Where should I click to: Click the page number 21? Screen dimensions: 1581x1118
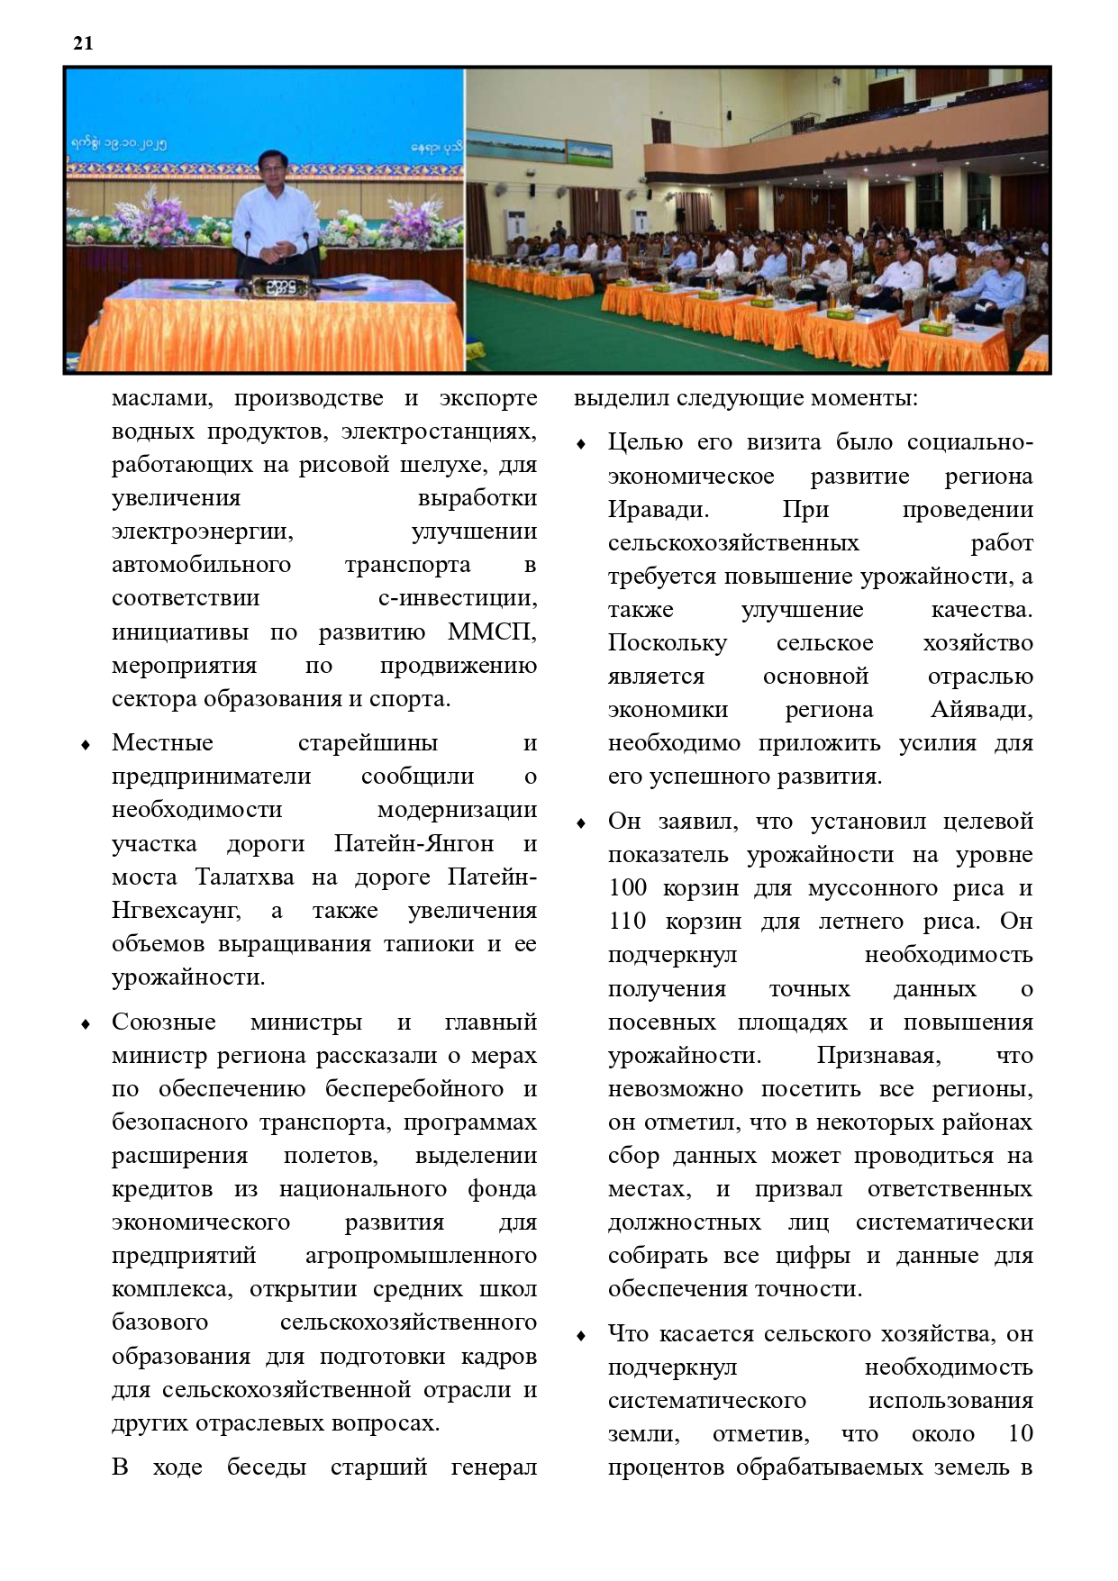pos(83,43)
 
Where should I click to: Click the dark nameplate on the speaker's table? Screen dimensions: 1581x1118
pos(274,288)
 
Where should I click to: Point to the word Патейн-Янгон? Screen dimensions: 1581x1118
pos(414,844)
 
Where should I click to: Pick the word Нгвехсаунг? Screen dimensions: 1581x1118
pos(176,911)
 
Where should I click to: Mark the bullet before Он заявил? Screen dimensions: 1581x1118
pos(581,823)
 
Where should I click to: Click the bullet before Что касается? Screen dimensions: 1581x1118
pos(581,1336)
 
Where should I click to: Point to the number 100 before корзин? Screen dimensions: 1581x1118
pos(627,888)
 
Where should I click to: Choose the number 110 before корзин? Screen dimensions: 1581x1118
pos(627,922)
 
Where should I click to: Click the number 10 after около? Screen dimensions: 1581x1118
pos(1020,1434)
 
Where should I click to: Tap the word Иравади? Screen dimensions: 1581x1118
pos(658,510)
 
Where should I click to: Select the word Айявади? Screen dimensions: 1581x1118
pos(981,710)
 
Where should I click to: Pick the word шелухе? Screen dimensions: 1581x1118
pos(452,465)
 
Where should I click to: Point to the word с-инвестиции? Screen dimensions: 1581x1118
pos(457,598)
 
